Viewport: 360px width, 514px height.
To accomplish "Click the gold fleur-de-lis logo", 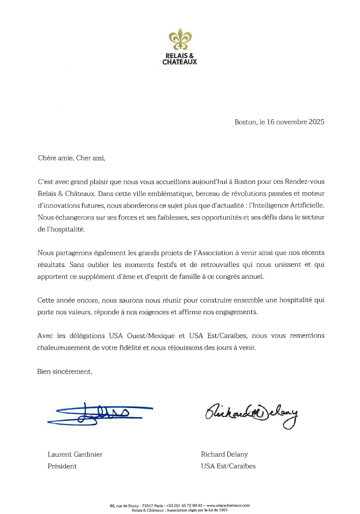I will [x=179, y=40].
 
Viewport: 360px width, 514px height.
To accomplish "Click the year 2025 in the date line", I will [x=314, y=121].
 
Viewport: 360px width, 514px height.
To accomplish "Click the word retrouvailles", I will [x=234, y=264].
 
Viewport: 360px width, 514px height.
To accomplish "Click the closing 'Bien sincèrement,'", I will [x=65, y=371].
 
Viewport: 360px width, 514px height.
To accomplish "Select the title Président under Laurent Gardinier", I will [x=62, y=466].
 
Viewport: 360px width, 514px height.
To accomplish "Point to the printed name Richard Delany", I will [x=224, y=454].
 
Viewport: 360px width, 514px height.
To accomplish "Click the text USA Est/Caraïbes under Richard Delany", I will [x=228, y=466].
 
